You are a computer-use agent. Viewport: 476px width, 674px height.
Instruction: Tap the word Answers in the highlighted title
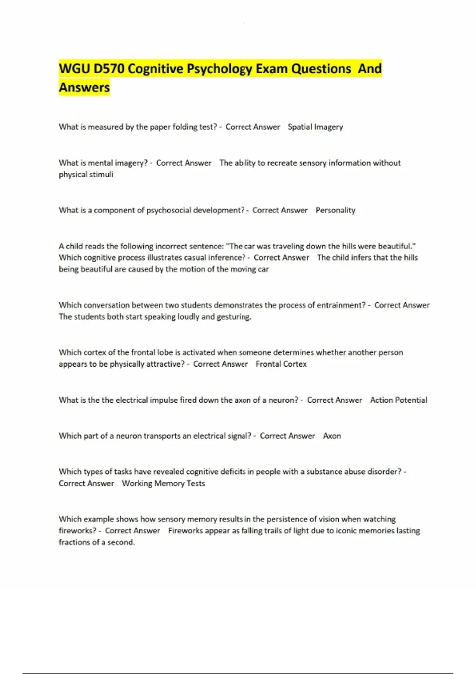(84, 87)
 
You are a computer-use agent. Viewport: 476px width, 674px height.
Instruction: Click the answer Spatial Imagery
(315, 127)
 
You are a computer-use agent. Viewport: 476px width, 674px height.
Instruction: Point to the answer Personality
(336, 211)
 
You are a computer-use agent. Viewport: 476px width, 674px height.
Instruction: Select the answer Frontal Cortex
(281, 364)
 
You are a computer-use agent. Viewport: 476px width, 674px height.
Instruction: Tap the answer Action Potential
(399, 400)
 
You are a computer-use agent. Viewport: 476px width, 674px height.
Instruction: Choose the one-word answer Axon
(332, 436)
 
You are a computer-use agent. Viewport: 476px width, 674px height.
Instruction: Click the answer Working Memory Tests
(163, 484)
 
